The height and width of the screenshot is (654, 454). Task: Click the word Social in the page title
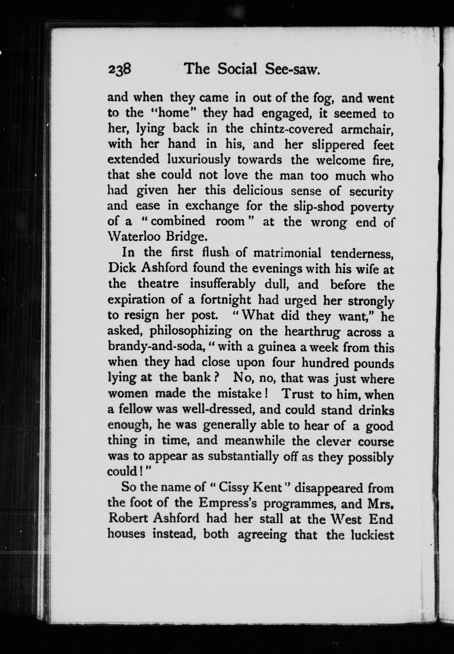tap(238, 70)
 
